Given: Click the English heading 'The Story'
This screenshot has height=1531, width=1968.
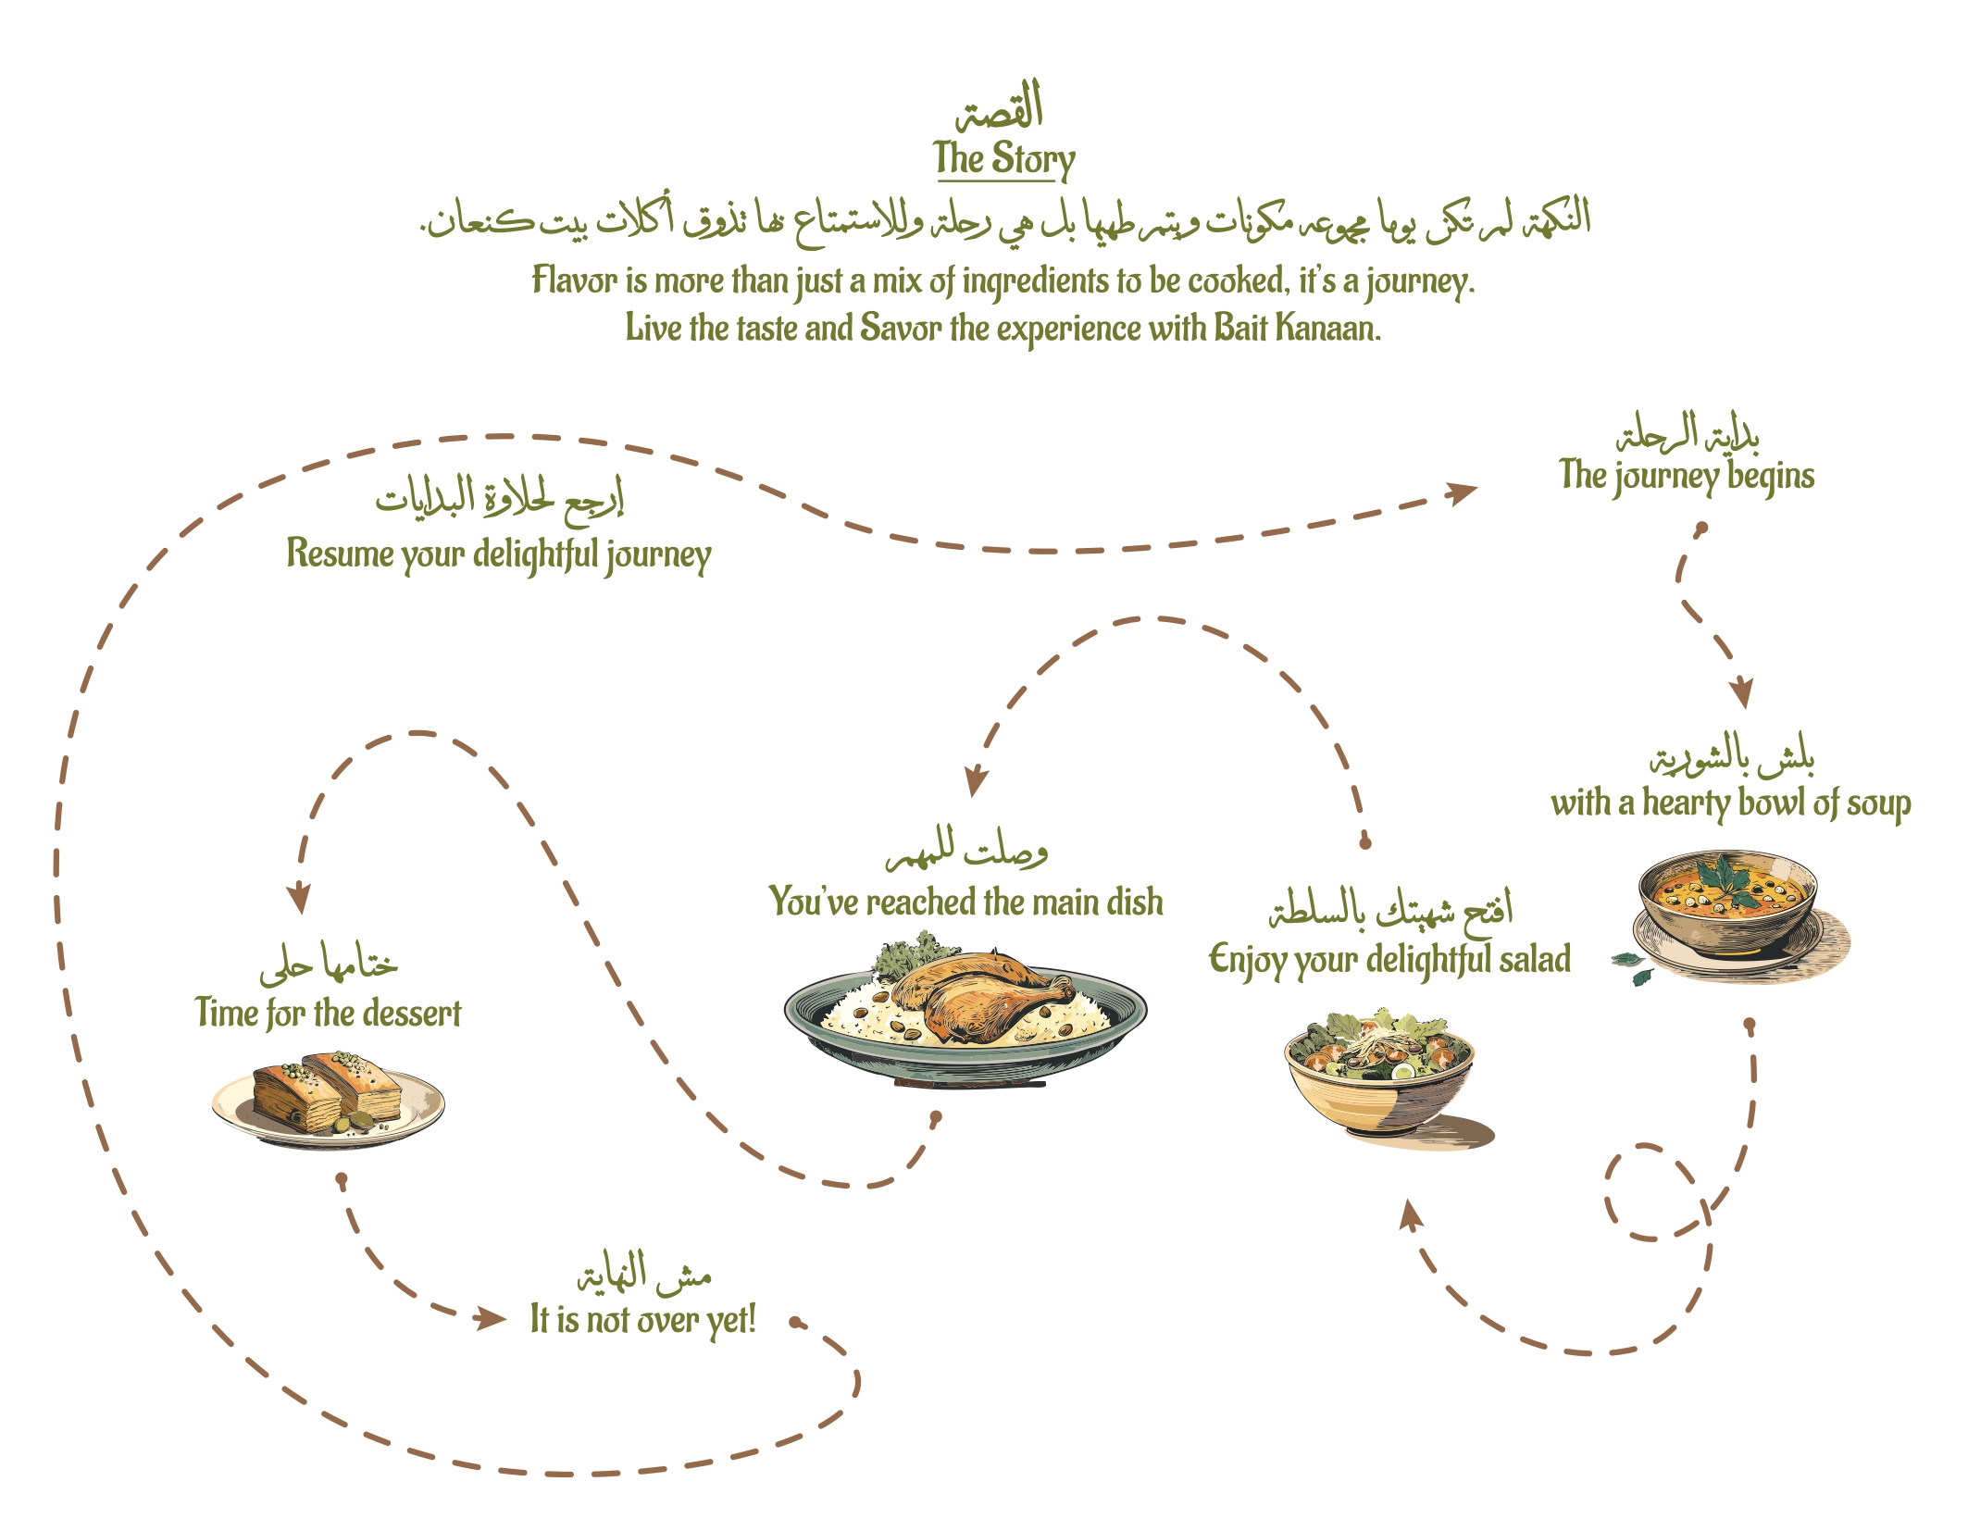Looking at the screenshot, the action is point(1004,159).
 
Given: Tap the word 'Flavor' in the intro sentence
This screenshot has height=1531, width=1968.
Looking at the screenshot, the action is point(574,280).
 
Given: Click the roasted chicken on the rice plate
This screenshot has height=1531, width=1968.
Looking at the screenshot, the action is point(981,995).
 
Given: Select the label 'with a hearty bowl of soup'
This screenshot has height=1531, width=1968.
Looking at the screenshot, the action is point(1730,803).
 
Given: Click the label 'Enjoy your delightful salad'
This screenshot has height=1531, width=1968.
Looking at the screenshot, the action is point(1390,960).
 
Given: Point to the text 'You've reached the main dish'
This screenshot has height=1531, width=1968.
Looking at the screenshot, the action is point(965,902).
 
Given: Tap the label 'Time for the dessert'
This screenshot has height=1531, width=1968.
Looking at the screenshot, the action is point(328,1014).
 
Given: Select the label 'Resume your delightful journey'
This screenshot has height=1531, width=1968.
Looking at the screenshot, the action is point(499,554).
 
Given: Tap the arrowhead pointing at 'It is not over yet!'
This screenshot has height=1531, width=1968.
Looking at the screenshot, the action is point(491,1318).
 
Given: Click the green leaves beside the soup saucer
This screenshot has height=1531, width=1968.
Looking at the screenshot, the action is point(1633,967).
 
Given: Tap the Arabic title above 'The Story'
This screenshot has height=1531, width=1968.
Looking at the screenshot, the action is point(1000,106).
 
